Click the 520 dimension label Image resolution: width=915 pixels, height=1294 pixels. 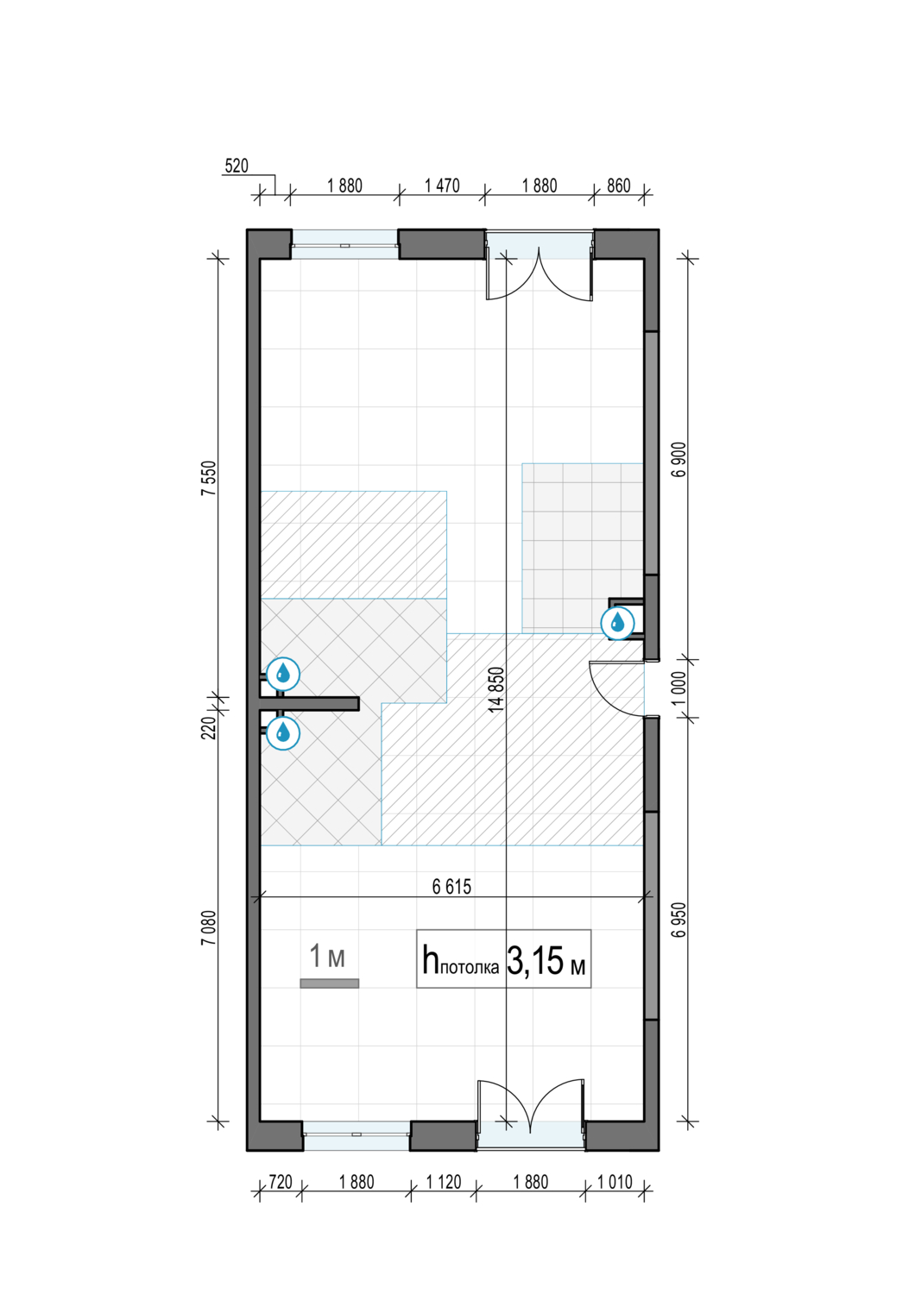click(236, 166)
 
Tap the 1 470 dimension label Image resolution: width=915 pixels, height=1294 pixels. click(442, 185)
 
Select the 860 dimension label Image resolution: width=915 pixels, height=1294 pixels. click(618, 185)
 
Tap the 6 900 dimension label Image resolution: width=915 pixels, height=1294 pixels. click(679, 459)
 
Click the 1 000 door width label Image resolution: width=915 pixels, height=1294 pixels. click(679, 688)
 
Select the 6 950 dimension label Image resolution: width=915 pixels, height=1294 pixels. click(679, 920)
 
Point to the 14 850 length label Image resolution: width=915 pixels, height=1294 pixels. click(497, 690)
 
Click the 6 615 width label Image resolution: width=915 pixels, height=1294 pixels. click(452, 886)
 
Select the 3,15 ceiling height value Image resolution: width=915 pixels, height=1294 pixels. click(535, 962)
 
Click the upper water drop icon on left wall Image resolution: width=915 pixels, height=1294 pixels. click(282, 674)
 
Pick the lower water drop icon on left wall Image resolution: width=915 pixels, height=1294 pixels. click(282, 733)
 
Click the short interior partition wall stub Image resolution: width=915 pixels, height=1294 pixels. click(309, 704)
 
